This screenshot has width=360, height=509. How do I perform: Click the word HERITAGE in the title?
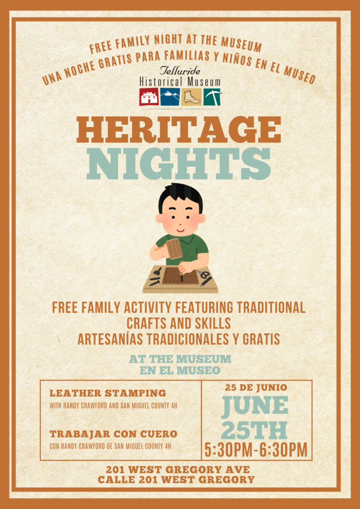(179, 130)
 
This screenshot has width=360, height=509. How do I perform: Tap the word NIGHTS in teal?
(179, 164)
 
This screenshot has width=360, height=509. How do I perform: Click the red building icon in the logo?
(149, 97)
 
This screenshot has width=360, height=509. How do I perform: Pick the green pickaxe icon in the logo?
(212, 97)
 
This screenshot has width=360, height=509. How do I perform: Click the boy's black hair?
(180, 196)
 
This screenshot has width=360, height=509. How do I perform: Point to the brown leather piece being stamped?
(180, 275)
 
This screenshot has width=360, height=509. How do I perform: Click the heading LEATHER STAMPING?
(107, 393)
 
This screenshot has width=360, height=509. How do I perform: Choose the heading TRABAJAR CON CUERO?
(113, 433)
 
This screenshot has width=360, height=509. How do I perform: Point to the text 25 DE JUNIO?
(256, 387)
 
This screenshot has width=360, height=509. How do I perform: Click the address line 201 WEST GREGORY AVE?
(178, 469)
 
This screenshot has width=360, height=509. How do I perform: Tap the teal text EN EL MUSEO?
(180, 370)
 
